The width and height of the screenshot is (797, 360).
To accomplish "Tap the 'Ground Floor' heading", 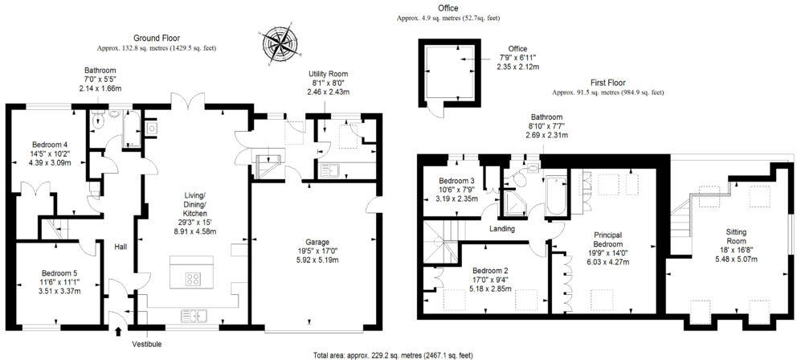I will click(x=156, y=38).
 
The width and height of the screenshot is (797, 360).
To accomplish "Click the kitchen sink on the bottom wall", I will click(x=195, y=315).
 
